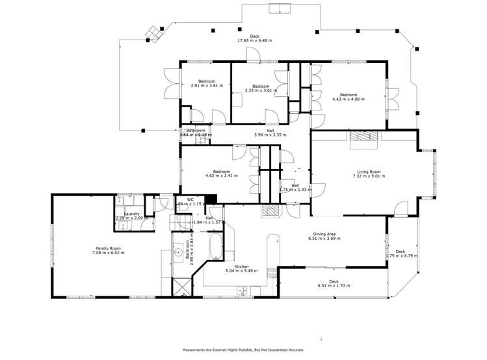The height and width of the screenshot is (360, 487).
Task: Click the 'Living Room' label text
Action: (366, 172)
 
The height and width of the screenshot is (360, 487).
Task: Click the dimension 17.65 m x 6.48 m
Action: (254, 40)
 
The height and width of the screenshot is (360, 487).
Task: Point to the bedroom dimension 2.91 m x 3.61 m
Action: (207, 86)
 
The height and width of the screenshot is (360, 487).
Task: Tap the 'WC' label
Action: (191, 199)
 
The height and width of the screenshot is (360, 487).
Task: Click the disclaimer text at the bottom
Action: (243, 349)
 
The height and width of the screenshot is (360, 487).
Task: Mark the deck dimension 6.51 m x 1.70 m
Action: (334, 286)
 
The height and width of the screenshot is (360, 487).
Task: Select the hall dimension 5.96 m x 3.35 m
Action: (260, 135)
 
